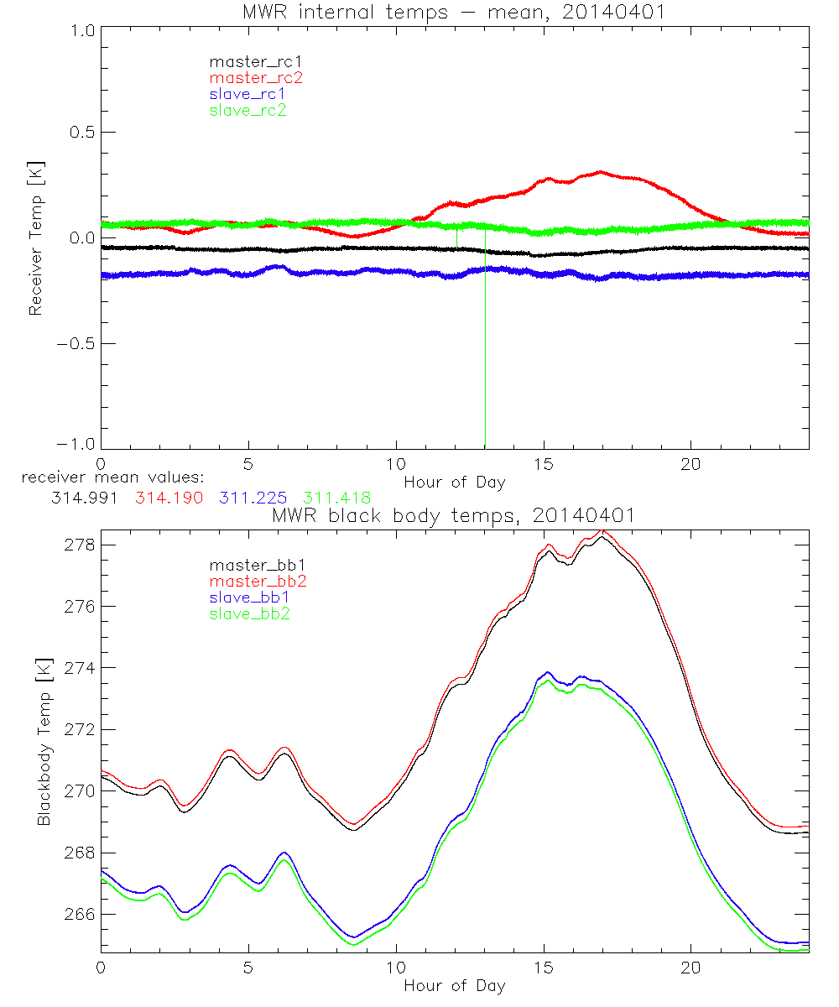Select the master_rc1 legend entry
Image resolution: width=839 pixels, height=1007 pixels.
pyautogui.click(x=248, y=61)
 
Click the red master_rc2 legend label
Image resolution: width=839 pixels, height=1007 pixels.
pyautogui.click(x=248, y=77)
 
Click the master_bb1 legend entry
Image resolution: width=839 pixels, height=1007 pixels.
pyautogui.click(x=251, y=566)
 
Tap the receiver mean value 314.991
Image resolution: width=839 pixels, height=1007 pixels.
pyautogui.click(x=82, y=498)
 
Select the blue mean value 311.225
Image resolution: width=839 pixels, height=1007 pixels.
pyautogui.click(x=252, y=498)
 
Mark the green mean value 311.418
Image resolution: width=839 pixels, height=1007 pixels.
pyautogui.click(x=336, y=498)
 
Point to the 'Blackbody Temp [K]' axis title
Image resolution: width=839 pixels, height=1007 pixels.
pyautogui.click(x=44, y=747)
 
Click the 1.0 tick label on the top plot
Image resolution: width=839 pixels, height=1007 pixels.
pyautogui.click(x=81, y=29)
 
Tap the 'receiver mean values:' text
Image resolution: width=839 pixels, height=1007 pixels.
pyautogui.click(x=107, y=478)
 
